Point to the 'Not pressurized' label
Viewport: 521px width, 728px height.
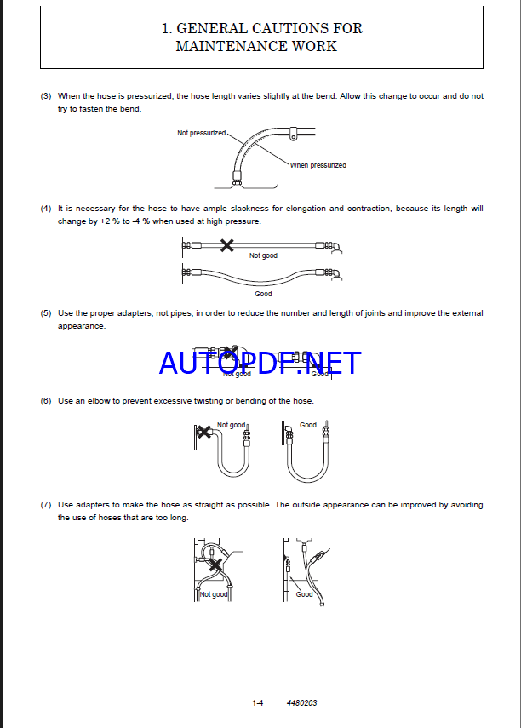pyautogui.click(x=202, y=134)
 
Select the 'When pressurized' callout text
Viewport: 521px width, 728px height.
pyautogui.click(x=318, y=165)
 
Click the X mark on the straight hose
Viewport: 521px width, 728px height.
pyautogui.click(x=226, y=246)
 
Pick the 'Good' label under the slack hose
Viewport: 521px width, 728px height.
pyautogui.click(x=263, y=294)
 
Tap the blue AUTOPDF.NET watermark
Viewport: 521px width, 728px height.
pyautogui.click(x=260, y=364)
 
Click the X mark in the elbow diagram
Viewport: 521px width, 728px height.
pyautogui.click(x=203, y=432)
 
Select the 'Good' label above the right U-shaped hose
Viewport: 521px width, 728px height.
pyautogui.click(x=308, y=425)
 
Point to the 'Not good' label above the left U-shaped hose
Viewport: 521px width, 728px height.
pyautogui.click(x=232, y=425)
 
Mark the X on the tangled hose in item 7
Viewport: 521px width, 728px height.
pyautogui.click(x=217, y=563)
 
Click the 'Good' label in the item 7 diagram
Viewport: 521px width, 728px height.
pyautogui.click(x=304, y=594)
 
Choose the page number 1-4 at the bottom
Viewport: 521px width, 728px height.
pyautogui.click(x=258, y=703)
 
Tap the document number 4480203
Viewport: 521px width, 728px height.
pyautogui.click(x=301, y=703)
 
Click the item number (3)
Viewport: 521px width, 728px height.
pyautogui.click(x=46, y=96)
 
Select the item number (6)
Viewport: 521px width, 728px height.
pyautogui.click(x=46, y=400)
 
